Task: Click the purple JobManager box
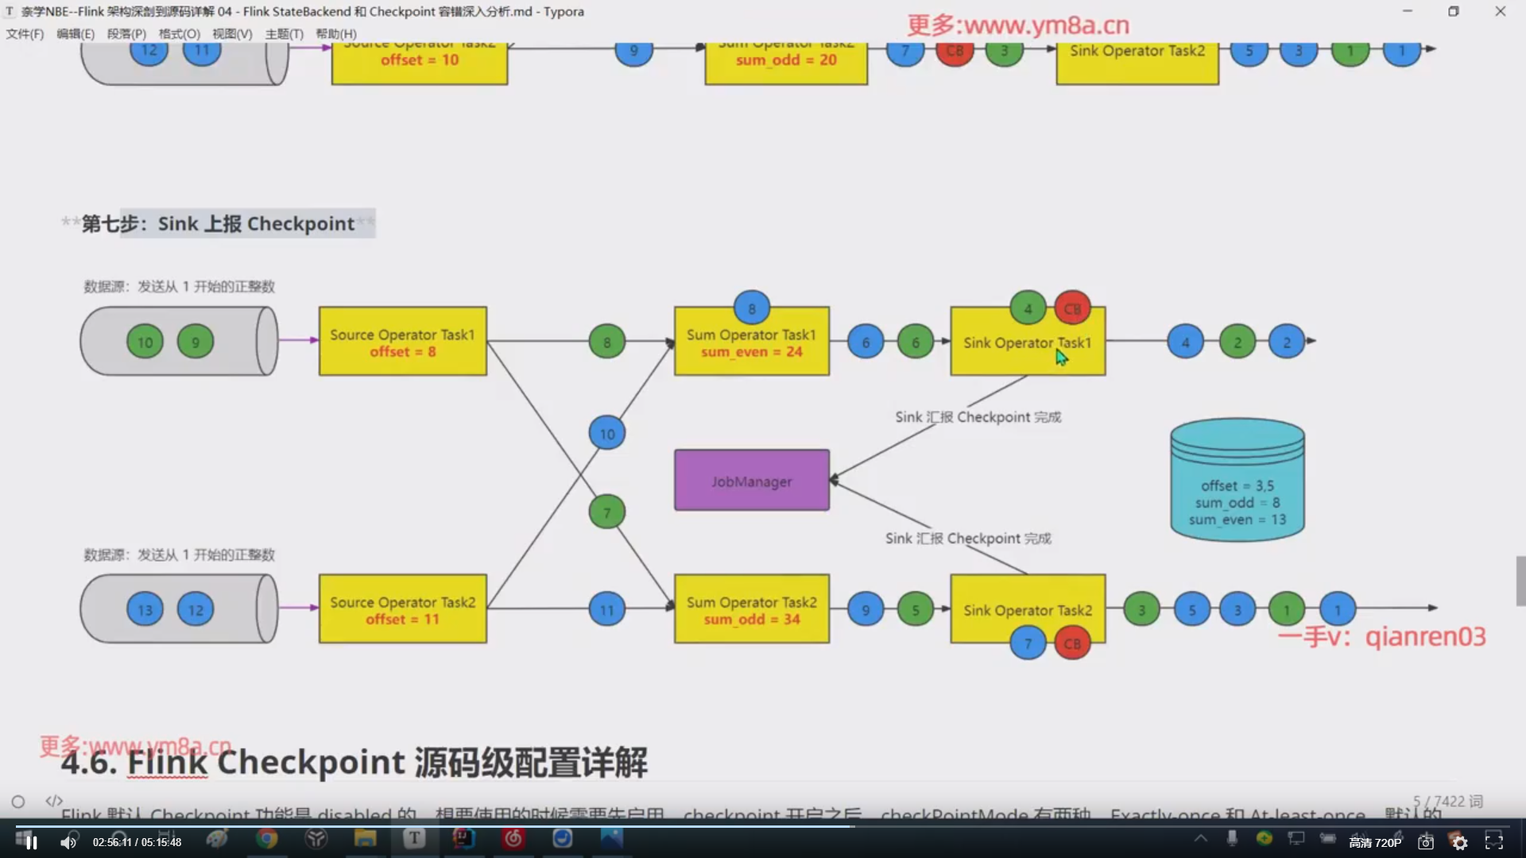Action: [x=751, y=481]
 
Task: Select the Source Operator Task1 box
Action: [x=402, y=342]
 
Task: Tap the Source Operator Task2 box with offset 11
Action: [x=402, y=609]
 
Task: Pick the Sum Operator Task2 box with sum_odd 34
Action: [x=751, y=609]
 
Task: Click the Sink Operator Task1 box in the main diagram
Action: [x=1027, y=342]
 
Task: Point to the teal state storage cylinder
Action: [x=1237, y=481]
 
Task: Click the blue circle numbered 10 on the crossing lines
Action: [x=607, y=434]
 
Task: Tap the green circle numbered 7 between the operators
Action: [x=607, y=512]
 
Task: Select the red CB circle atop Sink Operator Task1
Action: [x=1072, y=308]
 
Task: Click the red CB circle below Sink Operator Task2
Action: [x=1072, y=643]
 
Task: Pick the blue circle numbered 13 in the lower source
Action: [x=145, y=609]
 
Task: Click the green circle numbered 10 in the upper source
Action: [x=145, y=342]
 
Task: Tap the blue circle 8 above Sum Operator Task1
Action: [x=751, y=307]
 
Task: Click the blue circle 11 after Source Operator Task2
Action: [x=607, y=609]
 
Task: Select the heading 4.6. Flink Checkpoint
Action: [x=354, y=763]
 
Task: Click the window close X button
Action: [x=1500, y=11]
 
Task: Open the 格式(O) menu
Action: [x=179, y=33]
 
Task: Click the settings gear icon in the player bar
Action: [x=1460, y=842]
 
